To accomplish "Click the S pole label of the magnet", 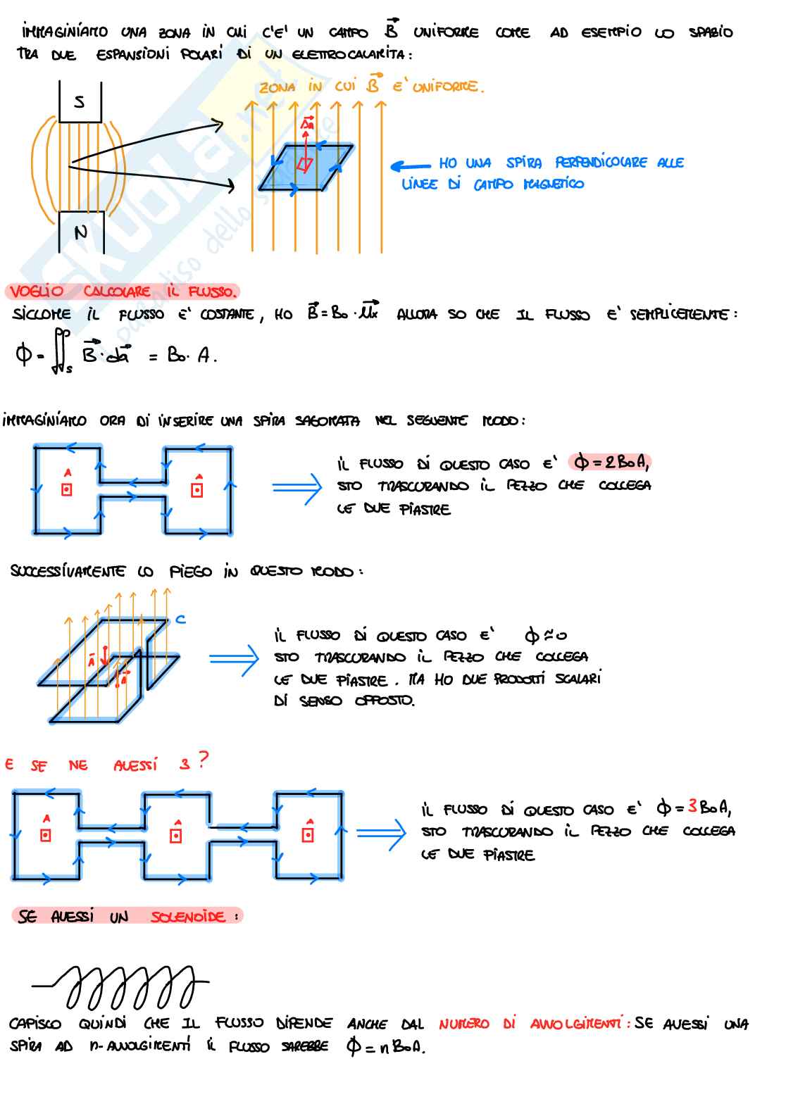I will coord(80,102).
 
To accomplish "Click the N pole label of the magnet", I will coord(81,232).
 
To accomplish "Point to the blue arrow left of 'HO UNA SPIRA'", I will coord(410,166).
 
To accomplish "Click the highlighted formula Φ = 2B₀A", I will coord(611,462).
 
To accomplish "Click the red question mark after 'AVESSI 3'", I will coord(203,760).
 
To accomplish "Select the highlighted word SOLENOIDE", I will coord(188,916).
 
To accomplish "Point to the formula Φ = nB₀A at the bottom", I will coord(386,1046).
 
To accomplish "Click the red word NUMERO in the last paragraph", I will coord(463,1024).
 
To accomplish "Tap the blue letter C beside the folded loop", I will coord(180,619).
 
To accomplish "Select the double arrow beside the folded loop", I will coord(234,660).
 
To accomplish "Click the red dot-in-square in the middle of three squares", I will coord(176,835).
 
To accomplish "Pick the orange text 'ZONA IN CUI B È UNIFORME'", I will coord(371,87).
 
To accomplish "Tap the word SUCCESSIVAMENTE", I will coord(68,571).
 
